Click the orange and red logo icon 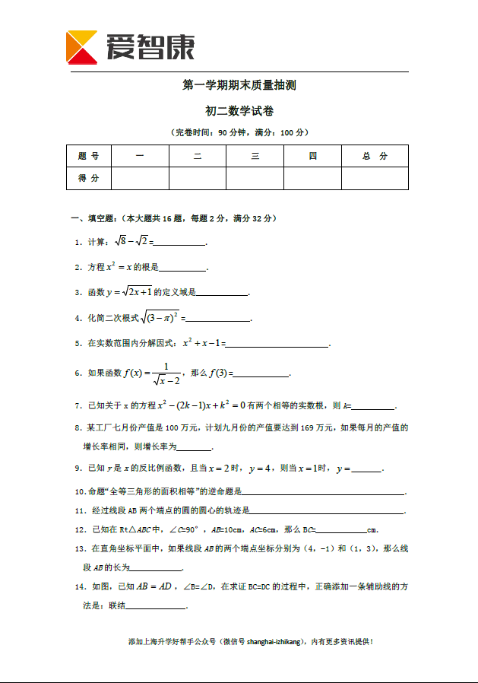pos(82,47)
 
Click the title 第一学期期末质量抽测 pos(239,85)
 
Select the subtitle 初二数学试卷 pos(239,111)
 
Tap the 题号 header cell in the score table pos(89,156)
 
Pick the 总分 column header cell pos(375,156)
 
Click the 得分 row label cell pos(89,178)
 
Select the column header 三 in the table pos(255,156)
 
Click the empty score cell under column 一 pos(140,178)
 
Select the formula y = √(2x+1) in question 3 pos(129,292)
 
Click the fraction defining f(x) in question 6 pos(165,373)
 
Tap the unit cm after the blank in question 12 pos(372,529)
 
